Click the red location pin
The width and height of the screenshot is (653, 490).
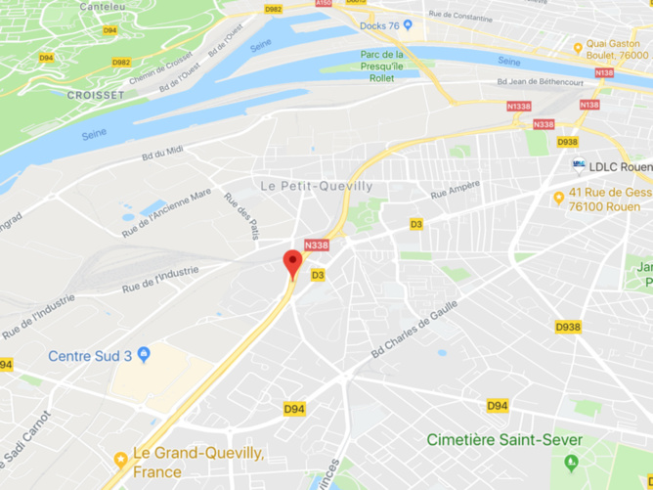(292, 263)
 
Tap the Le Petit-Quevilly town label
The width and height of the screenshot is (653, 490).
(318, 186)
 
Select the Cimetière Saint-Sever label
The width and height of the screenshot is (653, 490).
(503, 440)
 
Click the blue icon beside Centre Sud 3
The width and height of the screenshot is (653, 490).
(144, 354)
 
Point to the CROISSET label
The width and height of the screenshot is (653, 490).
(95, 95)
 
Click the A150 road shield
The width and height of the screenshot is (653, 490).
(324, 4)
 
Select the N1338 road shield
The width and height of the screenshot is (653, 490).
(519, 106)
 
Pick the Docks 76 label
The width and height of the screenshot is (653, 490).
(379, 25)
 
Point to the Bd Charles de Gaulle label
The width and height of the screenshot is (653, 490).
(414, 329)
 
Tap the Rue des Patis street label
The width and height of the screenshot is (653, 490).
(241, 215)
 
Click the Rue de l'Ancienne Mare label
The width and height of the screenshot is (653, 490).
(166, 213)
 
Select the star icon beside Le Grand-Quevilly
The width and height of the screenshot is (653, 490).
(121, 458)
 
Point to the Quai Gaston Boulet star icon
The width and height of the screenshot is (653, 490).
(578, 46)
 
